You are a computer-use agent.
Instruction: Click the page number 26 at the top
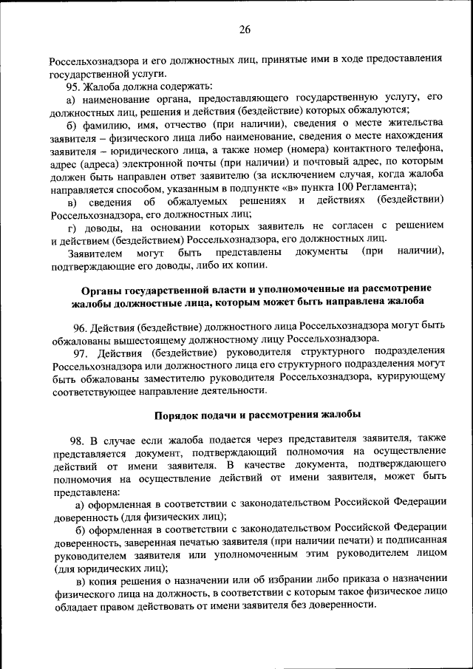click(245, 30)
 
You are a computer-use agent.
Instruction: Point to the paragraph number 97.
click(81, 350)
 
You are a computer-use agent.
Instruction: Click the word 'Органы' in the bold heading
click(101, 288)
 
